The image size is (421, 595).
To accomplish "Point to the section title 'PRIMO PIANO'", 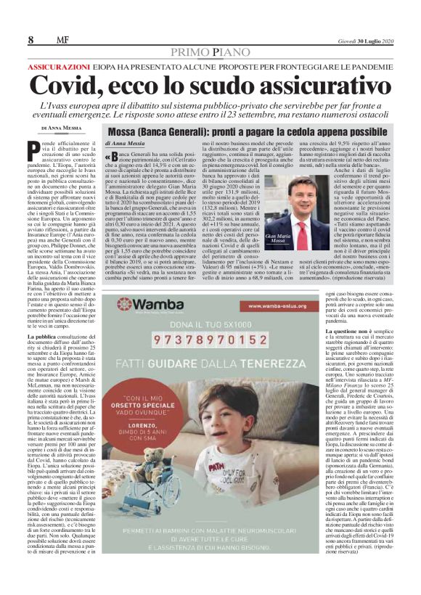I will click(x=210, y=52).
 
